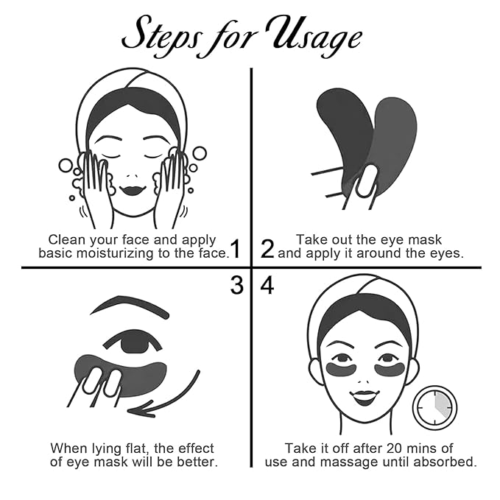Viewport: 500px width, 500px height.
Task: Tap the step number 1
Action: click(236, 249)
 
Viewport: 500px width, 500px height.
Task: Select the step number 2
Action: click(267, 249)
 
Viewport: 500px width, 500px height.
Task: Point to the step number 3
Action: click(236, 285)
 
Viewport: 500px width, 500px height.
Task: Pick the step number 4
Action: click(267, 285)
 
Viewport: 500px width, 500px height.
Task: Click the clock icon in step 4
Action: click(434, 408)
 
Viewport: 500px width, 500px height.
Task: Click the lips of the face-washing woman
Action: click(133, 191)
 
